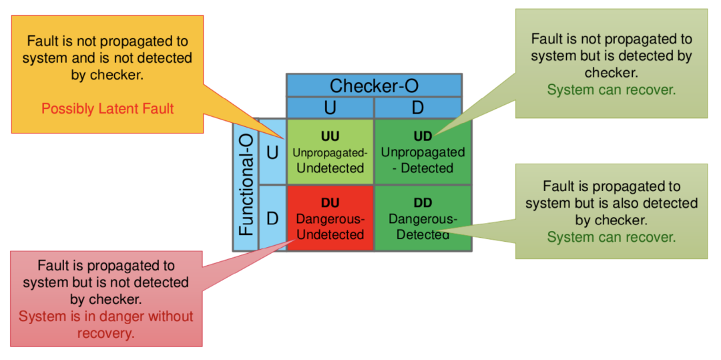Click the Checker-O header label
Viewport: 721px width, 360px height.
pos(373,85)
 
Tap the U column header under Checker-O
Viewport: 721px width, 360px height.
pos(330,108)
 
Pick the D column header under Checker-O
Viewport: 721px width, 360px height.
pos(417,108)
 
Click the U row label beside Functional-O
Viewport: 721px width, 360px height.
pos(272,152)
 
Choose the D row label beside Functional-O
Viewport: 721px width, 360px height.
pos(272,218)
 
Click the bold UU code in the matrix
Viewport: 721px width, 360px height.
pos(330,136)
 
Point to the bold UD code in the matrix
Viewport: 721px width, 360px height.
pos(423,136)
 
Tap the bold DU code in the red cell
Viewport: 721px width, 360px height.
pos(330,203)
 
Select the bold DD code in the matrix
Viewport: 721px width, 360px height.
pos(423,203)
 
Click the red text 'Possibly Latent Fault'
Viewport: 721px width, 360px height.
pos(107,108)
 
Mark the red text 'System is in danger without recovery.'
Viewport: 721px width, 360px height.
pos(105,325)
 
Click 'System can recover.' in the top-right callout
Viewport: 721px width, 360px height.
pos(611,89)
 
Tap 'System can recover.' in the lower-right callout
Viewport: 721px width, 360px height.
pos(611,236)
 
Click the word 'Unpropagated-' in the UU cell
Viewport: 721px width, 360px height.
pos(330,152)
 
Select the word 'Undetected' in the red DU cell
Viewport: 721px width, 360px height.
pos(330,234)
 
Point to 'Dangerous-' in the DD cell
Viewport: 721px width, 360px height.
pos(423,219)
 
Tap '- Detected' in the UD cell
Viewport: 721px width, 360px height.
pos(423,168)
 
